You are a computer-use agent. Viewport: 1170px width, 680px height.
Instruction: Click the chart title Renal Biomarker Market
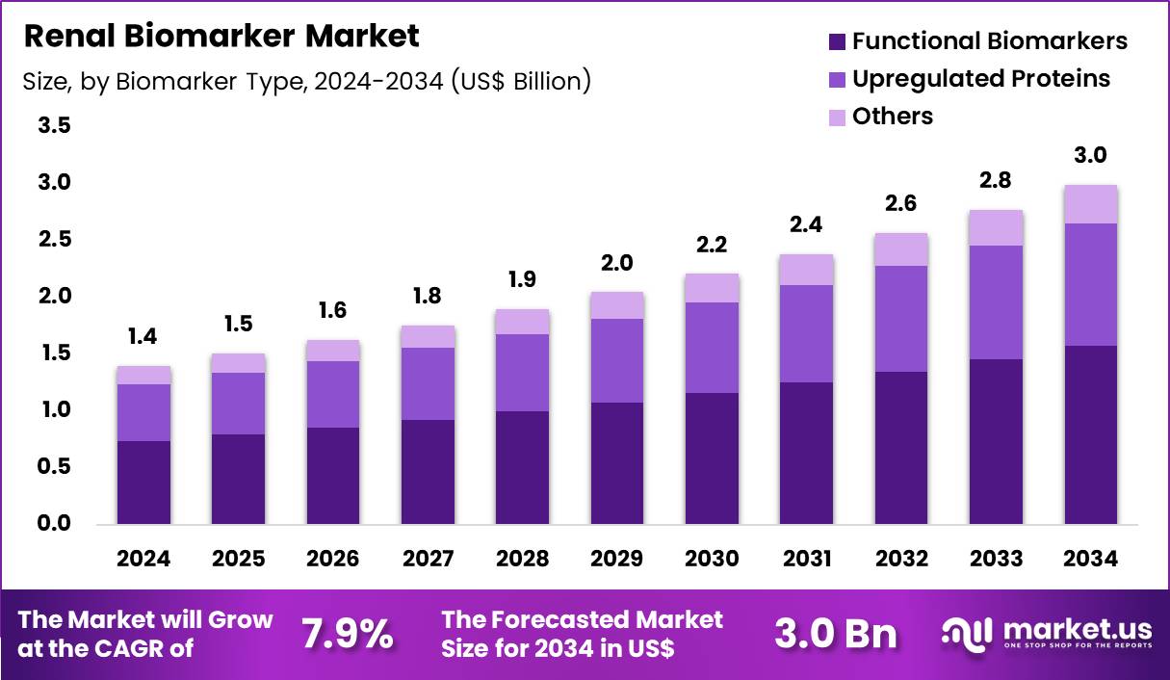[x=221, y=37]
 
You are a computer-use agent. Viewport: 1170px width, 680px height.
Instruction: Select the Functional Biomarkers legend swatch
[x=836, y=41]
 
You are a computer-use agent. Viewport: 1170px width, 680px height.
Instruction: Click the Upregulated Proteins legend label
[x=980, y=78]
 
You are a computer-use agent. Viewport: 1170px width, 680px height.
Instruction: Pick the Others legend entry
[x=892, y=117]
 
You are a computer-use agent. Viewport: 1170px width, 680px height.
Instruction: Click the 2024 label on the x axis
[x=143, y=560]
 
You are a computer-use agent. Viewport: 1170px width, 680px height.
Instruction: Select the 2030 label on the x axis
[x=712, y=560]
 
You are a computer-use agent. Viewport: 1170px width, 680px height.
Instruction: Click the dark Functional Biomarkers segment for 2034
[x=1090, y=434]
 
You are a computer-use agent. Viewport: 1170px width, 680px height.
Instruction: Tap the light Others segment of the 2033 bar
[x=996, y=228]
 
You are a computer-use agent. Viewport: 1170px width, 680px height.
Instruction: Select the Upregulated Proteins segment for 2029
[x=617, y=360]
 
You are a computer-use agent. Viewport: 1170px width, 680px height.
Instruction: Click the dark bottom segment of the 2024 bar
[x=143, y=483]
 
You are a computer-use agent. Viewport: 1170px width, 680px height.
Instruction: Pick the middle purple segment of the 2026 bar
[x=333, y=394]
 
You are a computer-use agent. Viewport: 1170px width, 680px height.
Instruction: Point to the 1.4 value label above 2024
[x=143, y=336]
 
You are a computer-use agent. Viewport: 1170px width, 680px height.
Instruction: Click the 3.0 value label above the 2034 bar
[x=1090, y=155]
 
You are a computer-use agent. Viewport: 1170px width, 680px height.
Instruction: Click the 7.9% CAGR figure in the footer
[x=348, y=634]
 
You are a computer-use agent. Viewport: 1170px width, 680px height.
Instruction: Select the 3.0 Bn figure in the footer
[x=835, y=634]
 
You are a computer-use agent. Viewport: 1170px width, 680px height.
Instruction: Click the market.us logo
[x=1046, y=633]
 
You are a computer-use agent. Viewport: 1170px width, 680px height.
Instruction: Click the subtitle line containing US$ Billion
[x=306, y=81]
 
